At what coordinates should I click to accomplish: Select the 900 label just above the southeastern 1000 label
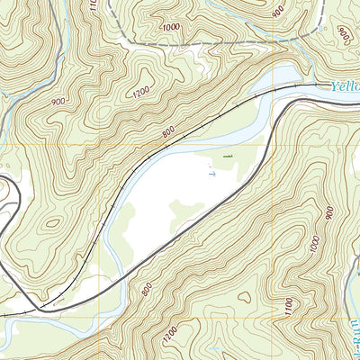329,214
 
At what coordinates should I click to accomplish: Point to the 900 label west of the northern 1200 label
58,102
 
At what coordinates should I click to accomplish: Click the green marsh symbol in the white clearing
227,158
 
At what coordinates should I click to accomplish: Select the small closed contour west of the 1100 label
244,296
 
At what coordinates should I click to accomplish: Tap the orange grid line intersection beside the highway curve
269,147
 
